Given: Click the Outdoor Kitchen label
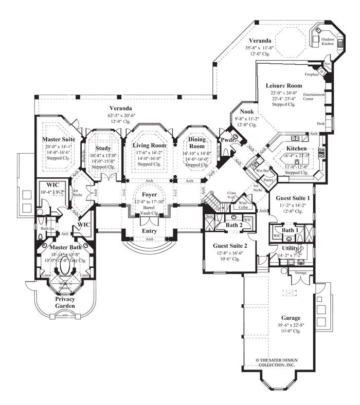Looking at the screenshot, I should point(327,42).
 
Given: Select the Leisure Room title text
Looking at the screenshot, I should point(283,85).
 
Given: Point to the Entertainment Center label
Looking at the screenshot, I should point(314,97).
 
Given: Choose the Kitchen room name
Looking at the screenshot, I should point(296,148).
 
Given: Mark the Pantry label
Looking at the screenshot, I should point(267,180).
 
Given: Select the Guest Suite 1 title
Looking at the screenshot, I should point(293,197).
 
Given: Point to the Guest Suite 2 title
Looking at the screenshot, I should point(230,246).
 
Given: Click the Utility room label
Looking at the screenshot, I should point(289,248).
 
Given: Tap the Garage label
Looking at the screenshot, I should point(291,318).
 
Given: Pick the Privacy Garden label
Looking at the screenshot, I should point(65,302).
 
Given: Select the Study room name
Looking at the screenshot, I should point(103,149).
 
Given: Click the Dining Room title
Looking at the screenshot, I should point(197,143).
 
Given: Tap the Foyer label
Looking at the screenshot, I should point(150,195).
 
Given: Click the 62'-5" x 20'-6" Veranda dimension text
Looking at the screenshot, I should point(122,116).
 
